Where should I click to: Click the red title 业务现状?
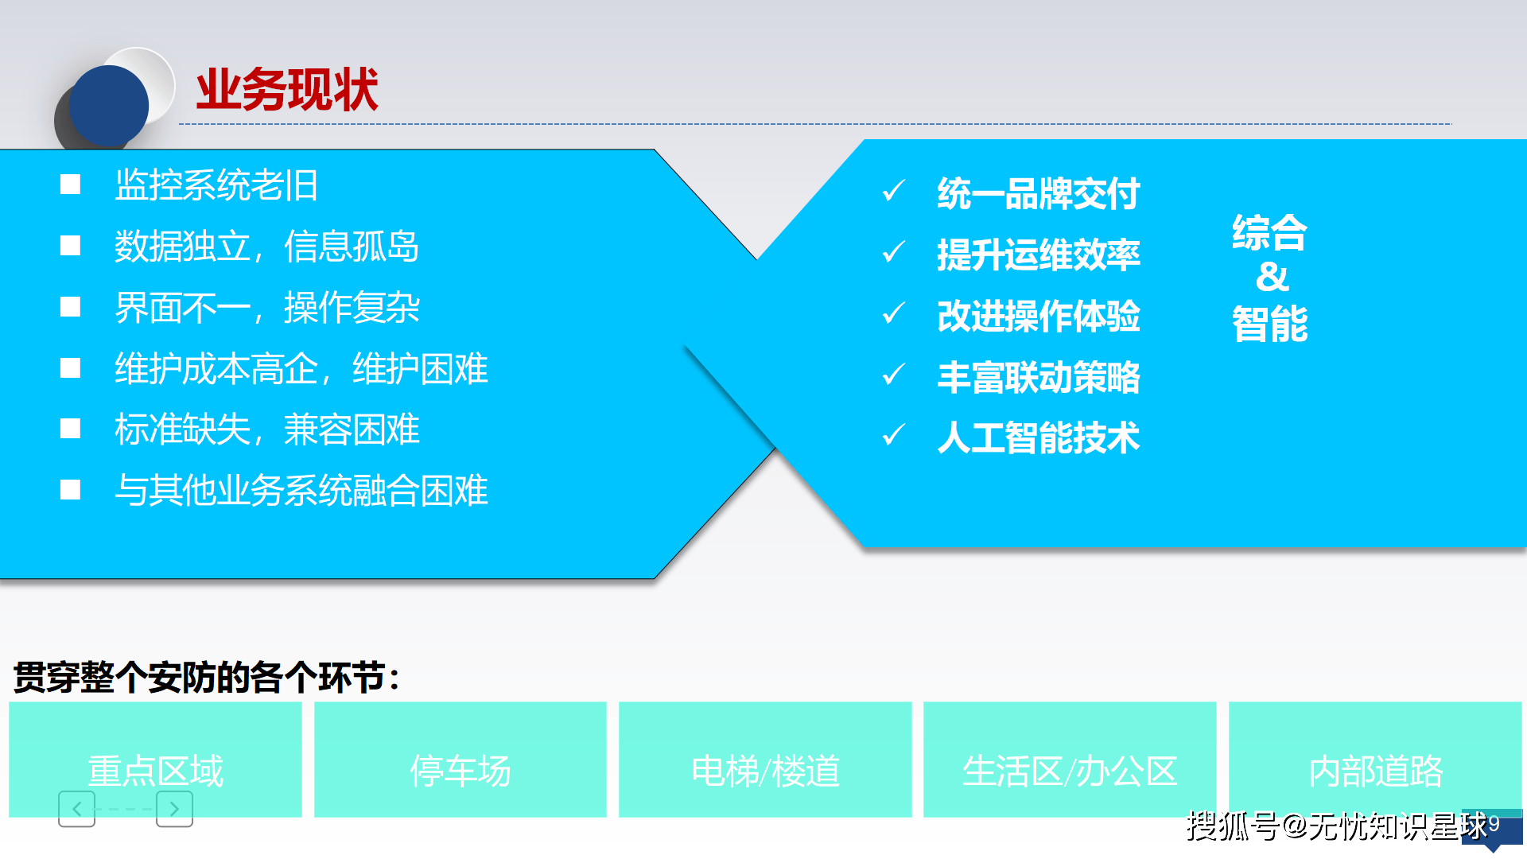(x=286, y=89)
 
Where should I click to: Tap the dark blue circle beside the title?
(x=109, y=106)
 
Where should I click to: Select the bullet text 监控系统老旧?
(x=216, y=185)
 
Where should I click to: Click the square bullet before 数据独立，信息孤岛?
(x=71, y=246)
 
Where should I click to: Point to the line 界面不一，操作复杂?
(x=266, y=307)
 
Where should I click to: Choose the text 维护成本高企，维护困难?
(x=301, y=368)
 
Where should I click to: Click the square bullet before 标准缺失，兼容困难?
(x=71, y=429)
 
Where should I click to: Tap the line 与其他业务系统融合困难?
(x=301, y=490)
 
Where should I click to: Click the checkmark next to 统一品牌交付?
(x=894, y=191)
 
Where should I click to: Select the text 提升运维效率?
(x=1038, y=255)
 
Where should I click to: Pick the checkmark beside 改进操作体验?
(x=894, y=313)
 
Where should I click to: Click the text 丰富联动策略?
(x=1038, y=377)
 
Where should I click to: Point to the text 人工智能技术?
(x=1038, y=437)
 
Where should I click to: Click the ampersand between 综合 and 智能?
(x=1272, y=278)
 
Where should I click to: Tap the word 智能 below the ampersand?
(x=1270, y=324)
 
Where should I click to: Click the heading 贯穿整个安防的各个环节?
(x=207, y=678)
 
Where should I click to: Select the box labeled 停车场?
(x=460, y=760)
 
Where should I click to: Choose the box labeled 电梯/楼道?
(x=765, y=760)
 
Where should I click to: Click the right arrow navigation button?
(x=174, y=809)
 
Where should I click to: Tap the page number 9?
(x=1494, y=824)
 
